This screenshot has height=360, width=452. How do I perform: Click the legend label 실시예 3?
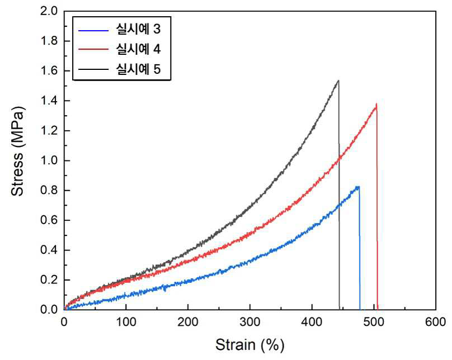(x=138, y=29)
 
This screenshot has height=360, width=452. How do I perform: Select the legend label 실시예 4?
(x=138, y=49)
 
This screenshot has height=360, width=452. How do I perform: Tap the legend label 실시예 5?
(x=138, y=69)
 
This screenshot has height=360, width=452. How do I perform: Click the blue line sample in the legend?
(x=93, y=30)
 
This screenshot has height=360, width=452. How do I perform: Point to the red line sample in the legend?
(x=93, y=50)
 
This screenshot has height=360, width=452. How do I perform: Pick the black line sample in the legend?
(x=93, y=69)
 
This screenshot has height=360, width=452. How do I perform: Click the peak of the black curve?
(x=338, y=80)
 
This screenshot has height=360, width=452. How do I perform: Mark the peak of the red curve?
(x=376, y=104)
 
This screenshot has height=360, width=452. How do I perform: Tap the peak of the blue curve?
(x=358, y=187)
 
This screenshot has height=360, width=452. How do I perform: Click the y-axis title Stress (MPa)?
(x=17, y=151)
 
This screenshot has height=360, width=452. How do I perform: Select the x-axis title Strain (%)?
(x=249, y=345)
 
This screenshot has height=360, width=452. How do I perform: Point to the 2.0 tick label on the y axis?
(x=49, y=11)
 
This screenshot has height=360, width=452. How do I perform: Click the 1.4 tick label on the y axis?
(x=49, y=101)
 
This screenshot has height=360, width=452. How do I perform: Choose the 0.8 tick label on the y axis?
(x=49, y=191)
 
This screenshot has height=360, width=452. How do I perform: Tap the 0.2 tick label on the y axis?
(x=49, y=280)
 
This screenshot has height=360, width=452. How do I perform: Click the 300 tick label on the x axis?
(x=250, y=322)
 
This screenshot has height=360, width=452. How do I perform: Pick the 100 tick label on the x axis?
(x=126, y=322)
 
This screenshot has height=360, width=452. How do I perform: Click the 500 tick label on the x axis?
(x=374, y=322)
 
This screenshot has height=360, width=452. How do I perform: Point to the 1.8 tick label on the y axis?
(x=49, y=41)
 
